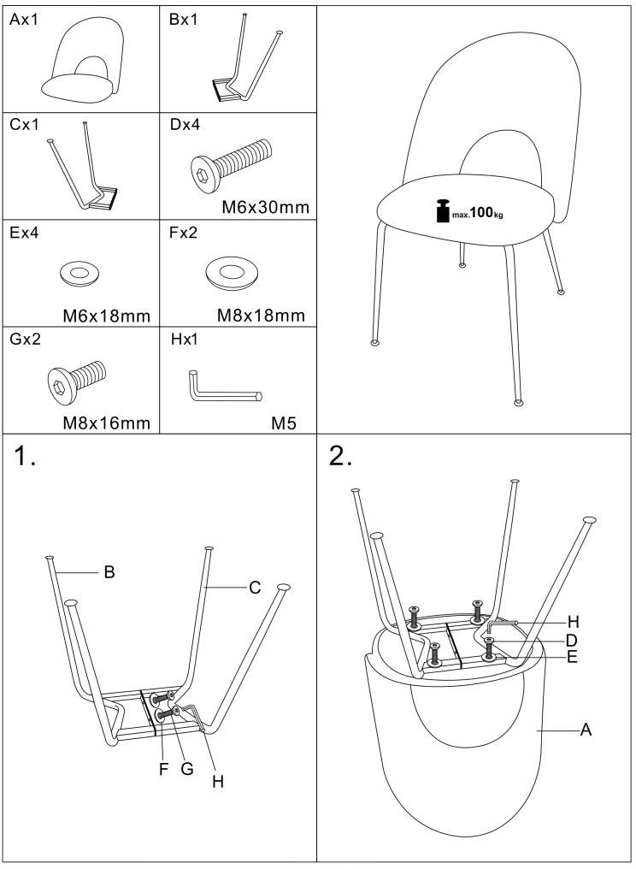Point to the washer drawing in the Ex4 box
[79, 274]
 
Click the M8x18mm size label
[261, 316]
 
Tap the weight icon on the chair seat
[444, 210]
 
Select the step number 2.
[341, 459]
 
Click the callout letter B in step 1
[109, 571]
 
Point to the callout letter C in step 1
[254, 588]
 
